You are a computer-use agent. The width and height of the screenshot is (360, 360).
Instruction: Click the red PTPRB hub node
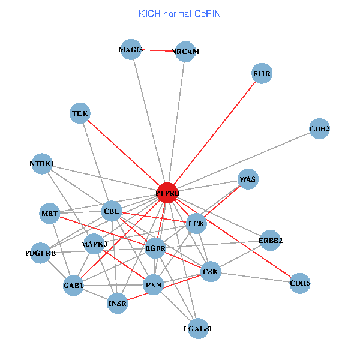(167, 193)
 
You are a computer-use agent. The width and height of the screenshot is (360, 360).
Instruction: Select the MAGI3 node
(131, 50)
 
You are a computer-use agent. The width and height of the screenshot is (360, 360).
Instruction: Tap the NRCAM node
(185, 52)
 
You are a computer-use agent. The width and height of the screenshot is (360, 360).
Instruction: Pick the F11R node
(263, 74)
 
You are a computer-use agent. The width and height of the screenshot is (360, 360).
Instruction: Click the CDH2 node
(319, 128)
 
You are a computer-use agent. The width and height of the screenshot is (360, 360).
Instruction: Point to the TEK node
(80, 113)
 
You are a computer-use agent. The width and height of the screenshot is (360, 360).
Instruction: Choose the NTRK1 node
(42, 164)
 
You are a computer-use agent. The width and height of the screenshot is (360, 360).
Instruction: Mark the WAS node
(248, 179)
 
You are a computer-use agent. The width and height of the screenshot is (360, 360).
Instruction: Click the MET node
(50, 213)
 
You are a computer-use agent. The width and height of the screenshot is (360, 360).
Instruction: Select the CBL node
(112, 211)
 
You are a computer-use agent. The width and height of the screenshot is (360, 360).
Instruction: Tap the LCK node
(196, 224)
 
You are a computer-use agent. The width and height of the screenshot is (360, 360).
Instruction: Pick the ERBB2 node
(271, 241)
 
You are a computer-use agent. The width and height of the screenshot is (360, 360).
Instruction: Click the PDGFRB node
(40, 253)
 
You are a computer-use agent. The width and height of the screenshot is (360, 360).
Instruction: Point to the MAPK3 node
(94, 244)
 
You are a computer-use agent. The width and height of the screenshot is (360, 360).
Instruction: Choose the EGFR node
(155, 247)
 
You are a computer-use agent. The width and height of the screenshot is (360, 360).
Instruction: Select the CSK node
(211, 272)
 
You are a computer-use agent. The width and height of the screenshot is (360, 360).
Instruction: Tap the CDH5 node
(300, 283)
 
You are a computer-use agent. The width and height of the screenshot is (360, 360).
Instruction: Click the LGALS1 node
(198, 329)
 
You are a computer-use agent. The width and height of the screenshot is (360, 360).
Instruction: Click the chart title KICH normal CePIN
(179, 13)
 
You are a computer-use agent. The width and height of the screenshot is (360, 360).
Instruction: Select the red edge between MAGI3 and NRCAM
(158, 51)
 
